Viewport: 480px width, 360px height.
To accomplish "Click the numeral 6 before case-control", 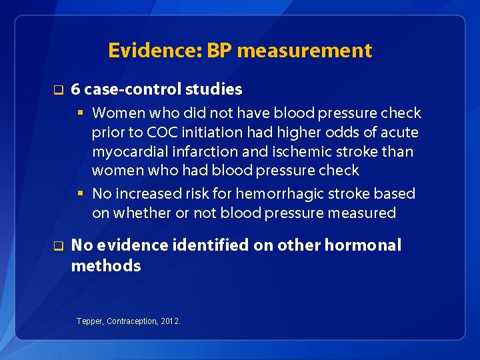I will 76,89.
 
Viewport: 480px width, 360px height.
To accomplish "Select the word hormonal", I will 363,245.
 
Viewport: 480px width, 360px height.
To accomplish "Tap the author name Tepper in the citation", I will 90,321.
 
